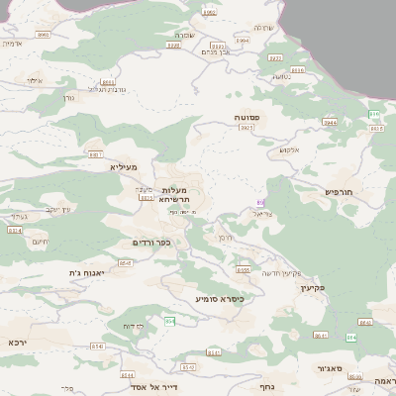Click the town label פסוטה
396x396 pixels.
pos(247,117)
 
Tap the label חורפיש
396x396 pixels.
pos(338,190)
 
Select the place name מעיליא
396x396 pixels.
pos(126,167)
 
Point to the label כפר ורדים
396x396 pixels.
pos(151,242)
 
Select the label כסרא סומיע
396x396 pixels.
pos(219,297)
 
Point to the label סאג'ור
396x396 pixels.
pos(330,368)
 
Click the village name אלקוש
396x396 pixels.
pos(289,149)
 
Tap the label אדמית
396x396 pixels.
pos(12,44)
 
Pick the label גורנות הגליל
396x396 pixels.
pos(89,88)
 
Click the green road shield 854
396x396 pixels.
pos(169,321)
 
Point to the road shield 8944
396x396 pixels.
pos(330,122)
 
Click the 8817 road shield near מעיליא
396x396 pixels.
pos(96,154)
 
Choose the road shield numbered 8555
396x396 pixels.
pos(244,268)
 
